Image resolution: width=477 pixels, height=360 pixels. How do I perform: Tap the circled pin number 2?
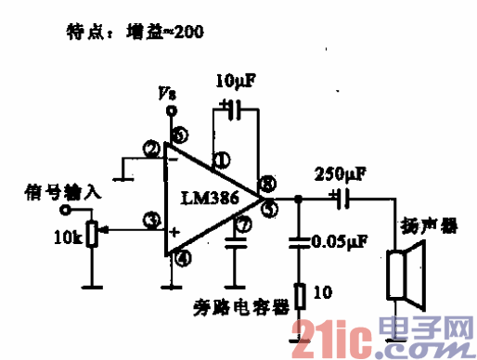[150, 148]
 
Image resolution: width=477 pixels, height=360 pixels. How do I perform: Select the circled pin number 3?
[149, 220]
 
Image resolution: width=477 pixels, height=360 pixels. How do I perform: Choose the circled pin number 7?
[244, 224]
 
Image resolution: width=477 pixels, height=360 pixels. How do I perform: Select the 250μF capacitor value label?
[340, 173]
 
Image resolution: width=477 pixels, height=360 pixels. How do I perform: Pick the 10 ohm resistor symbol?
[299, 295]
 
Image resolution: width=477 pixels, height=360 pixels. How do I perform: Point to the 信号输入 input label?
[56, 194]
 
